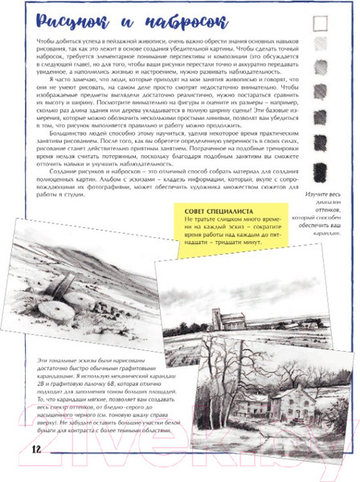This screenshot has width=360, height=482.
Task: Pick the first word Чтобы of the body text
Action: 39,40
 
